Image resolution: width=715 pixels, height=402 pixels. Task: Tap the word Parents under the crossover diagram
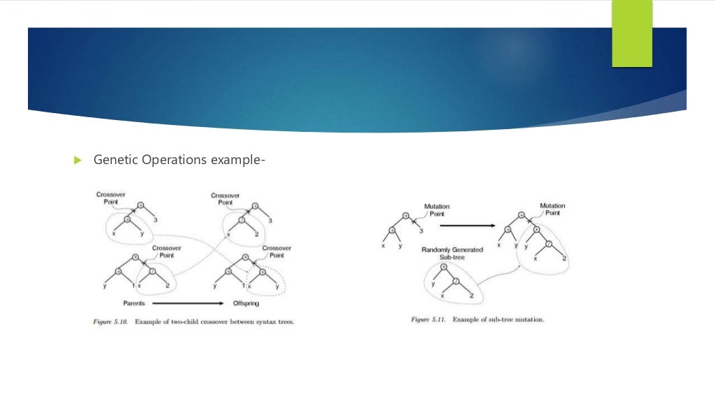(x=133, y=304)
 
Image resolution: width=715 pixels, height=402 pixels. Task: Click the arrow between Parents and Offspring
(x=184, y=304)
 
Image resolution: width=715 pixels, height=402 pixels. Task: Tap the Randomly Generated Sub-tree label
(x=452, y=253)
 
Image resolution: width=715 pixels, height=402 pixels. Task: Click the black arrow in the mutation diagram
(x=468, y=225)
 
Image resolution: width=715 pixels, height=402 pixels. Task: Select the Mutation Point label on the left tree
(x=438, y=210)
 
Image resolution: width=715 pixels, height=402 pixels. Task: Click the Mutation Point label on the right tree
(x=552, y=209)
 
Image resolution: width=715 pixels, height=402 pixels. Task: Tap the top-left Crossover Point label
(x=110, y=198)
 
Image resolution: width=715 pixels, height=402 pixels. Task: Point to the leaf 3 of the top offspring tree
(x=270, y=220)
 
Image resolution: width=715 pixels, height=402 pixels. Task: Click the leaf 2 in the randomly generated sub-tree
(x=471, y=296)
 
